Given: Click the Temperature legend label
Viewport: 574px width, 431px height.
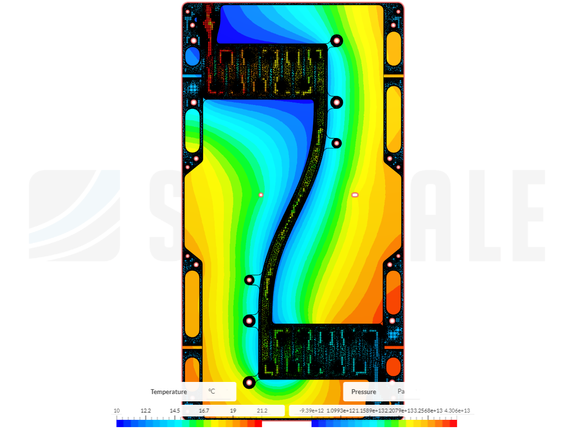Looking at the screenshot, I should (x=169, y=392).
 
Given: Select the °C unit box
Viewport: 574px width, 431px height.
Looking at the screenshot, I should (x=212, y=391).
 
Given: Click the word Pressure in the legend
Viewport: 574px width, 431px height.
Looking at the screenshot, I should (x=364, y=392).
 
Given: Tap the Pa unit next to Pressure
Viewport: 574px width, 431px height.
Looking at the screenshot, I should (x=401, y=391).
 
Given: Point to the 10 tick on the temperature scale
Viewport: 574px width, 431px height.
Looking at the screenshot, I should (x=117, y=411).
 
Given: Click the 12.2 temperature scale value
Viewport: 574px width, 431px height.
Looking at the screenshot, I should (x=146, y=411).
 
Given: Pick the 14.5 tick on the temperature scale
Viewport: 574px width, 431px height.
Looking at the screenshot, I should (x=175, y=411).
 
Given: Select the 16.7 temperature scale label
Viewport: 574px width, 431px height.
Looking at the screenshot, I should (x=204, y=411).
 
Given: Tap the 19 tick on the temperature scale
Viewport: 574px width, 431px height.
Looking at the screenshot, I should (x=233, y=411).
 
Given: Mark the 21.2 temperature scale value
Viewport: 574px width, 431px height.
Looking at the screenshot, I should (x=262, y=411).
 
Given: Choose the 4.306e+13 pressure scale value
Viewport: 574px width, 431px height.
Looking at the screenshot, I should (x=457, y=411).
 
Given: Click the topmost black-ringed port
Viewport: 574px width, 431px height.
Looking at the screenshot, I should (x=336, y=40).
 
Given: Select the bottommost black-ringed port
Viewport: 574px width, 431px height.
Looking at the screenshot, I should (x=249, y=382).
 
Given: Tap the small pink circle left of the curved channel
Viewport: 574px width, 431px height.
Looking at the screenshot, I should (x=261, y=195).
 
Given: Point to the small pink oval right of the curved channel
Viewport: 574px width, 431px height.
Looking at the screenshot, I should (x=355, y=195).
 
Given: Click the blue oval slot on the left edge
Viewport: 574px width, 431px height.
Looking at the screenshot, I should (x=193, y=56).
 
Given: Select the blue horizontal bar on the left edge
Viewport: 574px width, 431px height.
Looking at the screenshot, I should (x=192, y=76).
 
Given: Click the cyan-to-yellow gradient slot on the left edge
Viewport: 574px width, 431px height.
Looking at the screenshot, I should (x=193, y=130).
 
